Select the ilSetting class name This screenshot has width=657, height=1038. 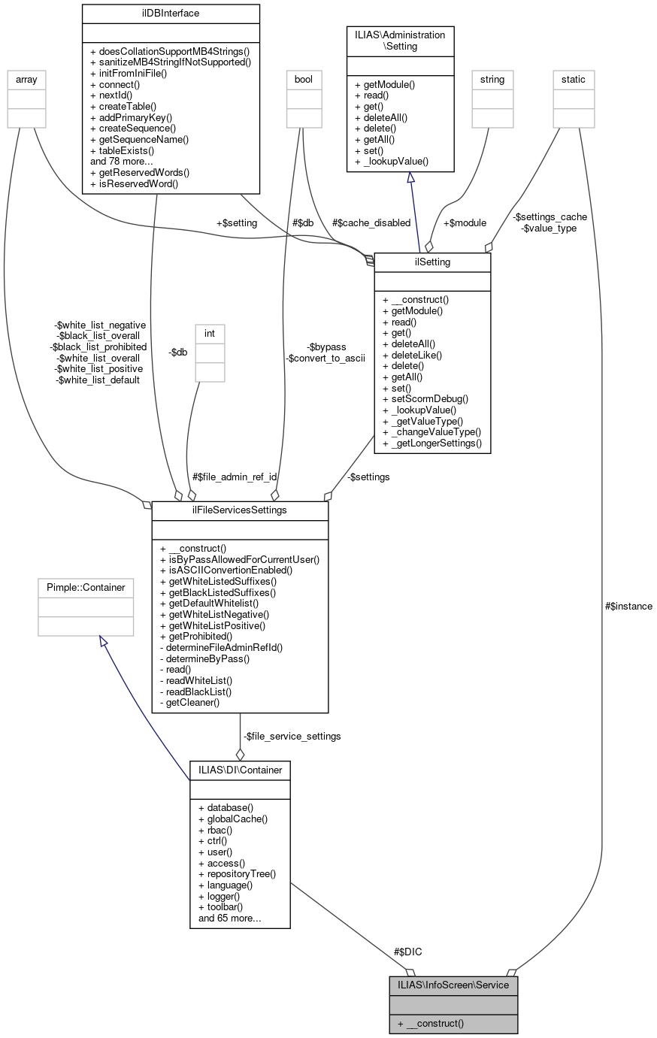tap(432, 262)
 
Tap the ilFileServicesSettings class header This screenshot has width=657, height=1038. tap(240, 511)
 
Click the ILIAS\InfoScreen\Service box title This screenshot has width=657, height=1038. tap(453, 985)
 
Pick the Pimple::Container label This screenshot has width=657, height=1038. tap(86, 587)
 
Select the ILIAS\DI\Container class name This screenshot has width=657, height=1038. tap(240, 770)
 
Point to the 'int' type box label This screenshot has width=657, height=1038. tap(210, 333)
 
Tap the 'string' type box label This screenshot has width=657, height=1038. tap(492, 79)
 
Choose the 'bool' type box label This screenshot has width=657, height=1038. tap(304, 79)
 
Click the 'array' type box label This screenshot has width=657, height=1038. tap(26, 79)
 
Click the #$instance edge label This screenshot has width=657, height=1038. tap(628, 606)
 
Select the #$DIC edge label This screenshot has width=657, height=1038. tap(407, 952)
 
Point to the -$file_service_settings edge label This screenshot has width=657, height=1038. tap(292, 736)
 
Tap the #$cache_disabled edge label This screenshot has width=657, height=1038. tap(371, 222)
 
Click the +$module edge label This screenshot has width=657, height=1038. tap(465, 222)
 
